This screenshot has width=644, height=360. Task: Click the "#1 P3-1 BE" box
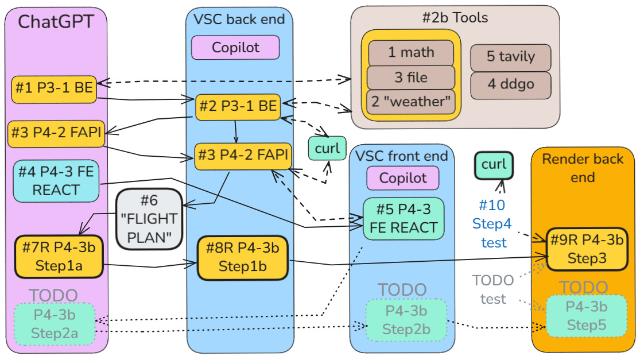tap(54, 90)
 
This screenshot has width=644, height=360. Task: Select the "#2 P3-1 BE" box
tap(238, 107)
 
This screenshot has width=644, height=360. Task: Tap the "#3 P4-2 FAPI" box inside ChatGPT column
tap(56, 134)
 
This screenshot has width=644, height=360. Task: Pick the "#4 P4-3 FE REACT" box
tap(56, 181)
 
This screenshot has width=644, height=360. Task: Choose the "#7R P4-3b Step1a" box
tap(59, 257)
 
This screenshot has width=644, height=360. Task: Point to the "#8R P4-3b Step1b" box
tap(242, 257)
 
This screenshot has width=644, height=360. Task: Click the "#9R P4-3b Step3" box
tap(585, 249)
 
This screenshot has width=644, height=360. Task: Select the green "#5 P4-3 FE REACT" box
tap(404, 218)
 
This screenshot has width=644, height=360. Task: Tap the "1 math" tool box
tap(411, 53)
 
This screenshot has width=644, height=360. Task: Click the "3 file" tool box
tap(411, 78)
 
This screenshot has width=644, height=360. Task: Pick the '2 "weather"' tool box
tap(411, 102)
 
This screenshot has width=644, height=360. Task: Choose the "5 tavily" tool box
tap(511, 57)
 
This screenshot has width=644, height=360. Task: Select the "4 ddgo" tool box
tap(511, 84)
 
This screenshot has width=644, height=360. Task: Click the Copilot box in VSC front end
tap(403, 178)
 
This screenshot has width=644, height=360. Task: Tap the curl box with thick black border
tap(494, 165)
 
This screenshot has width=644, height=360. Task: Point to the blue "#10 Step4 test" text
tap(492, 224)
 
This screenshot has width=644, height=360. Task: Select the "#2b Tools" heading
tap(455, 18)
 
